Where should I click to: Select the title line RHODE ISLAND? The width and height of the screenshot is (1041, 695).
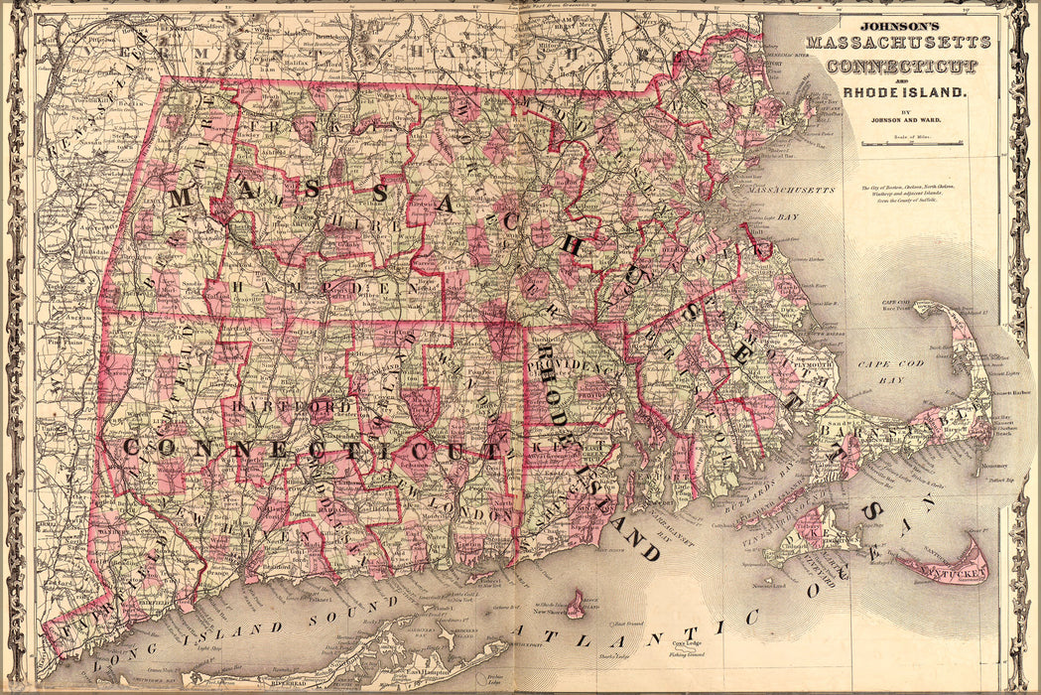[x=903, y=91]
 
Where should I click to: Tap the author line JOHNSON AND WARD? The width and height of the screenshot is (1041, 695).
[x=902, y=121]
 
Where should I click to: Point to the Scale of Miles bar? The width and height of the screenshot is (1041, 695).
[x=912, y=144]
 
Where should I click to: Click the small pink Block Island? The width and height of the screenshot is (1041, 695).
[x=575, y=603]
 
